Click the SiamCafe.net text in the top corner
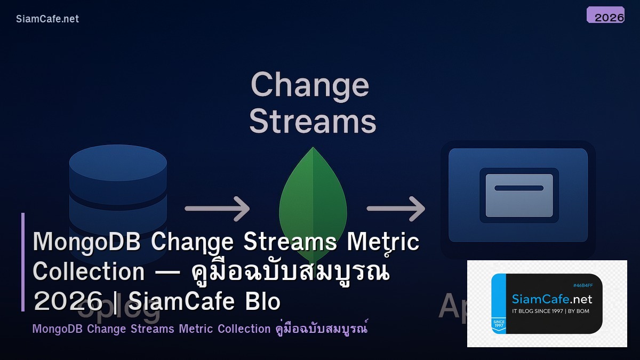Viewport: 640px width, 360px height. [x=47, y=19]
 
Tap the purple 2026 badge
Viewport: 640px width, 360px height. [x=605, y=15]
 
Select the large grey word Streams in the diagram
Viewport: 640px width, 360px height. [x=313, y=121]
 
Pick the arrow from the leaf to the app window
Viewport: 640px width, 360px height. [x=396, y=208]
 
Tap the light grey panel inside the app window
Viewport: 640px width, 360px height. [x=519, y=195]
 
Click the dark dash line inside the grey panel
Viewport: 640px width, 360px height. [x=519, y=188]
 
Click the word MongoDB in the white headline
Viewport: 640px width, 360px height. [x=86, y=243]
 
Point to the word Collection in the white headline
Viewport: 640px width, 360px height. [x=89, y=272]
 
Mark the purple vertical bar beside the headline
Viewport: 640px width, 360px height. [x=23, y=262]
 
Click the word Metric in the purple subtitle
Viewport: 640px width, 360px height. [x=196, y=329]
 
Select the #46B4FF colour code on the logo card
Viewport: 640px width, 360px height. [x=582, y=286]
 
